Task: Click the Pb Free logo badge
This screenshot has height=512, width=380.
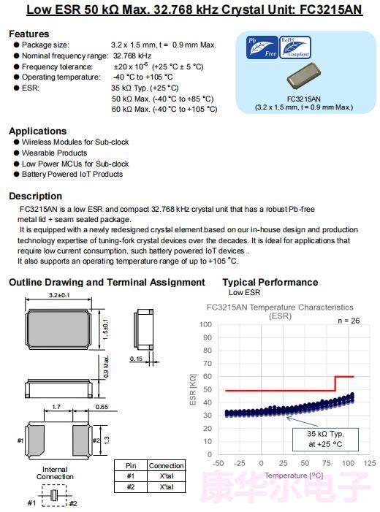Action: click(x=262, y=47)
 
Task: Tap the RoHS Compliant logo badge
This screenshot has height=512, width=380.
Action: click(x=295, y=47)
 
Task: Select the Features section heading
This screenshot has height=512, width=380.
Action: click(x=29, y=34)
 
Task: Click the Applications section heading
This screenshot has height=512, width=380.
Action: click(x=38, y=131)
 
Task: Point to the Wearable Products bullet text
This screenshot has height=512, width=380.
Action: click(x=55, y=153)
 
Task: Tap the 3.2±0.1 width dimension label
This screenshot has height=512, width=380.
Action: click(x=59, y=295)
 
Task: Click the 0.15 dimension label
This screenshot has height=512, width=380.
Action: click(x=136, y=359)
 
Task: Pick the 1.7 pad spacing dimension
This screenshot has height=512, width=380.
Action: click(x=56, y=407)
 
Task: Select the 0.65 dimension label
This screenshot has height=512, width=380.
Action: click(x=102, y=407)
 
